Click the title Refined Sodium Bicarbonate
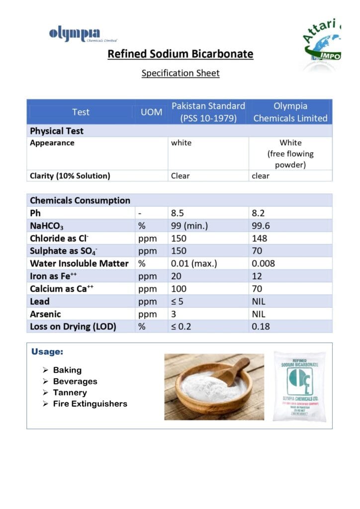(180, 54)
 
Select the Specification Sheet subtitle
(180, 73)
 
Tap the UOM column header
(151, 112)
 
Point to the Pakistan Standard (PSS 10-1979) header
(208, 112)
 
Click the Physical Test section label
(57, 131)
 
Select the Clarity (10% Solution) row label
(70, 175)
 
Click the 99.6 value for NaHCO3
(262, 226)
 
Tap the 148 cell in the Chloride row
(260, 239)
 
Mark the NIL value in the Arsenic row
(259, 314)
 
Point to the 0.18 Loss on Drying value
(261, 327)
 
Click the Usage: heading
(47, 352)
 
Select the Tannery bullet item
(70, 393)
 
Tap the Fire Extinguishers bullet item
(90, 404)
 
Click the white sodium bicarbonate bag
(299, 386)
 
